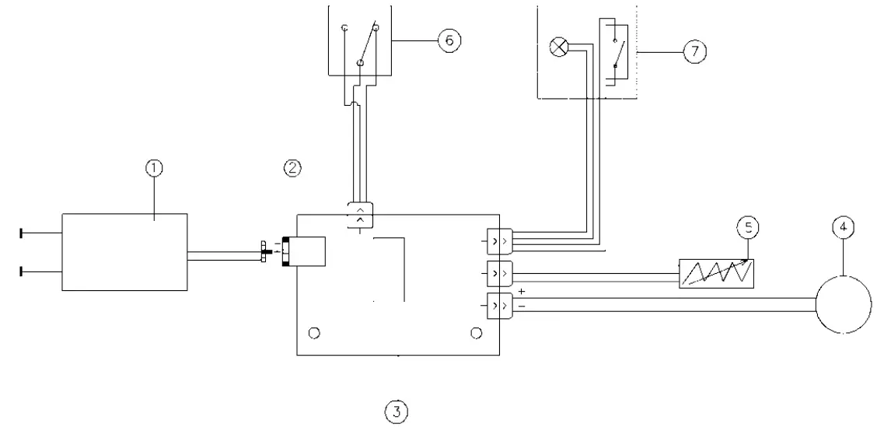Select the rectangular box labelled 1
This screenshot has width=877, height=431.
(x=124, y=252)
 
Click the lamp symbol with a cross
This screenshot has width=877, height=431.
(x=557, y=47)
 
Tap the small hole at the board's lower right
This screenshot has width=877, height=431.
(x=477, y=334)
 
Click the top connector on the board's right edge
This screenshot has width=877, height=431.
(x=498, y=241)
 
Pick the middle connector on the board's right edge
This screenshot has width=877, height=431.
(x=498, y=273)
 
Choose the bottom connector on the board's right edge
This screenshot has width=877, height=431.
(x=498, y=305)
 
